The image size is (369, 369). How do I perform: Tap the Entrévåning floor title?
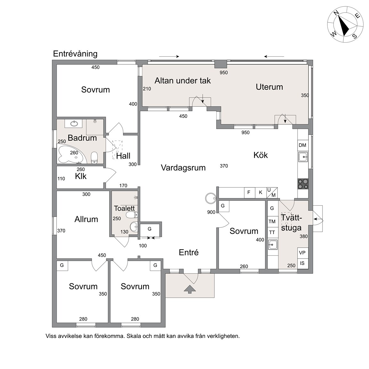[x=75, y=54]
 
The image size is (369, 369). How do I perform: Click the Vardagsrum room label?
[x=183, y=168]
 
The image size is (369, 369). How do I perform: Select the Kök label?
[x=260, y=155]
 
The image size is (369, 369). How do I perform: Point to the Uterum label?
[x=269, y=87]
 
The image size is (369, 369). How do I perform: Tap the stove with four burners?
[x=303, y=184]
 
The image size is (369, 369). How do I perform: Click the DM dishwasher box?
[x=303, y=145]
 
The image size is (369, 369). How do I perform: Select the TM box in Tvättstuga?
[x=272, y=221]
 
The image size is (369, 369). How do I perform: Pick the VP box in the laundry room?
[x=302, y=253]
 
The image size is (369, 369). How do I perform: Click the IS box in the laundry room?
[x=302, y=263]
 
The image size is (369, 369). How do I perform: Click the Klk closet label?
[x=81, y=176]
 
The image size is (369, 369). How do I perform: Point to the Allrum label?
[x=86, y=219]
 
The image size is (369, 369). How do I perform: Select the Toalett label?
[x=124, y=208]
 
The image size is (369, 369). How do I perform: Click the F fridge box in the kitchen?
[x=249, y=193]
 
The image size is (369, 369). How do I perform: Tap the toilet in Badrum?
[x=94, y=158]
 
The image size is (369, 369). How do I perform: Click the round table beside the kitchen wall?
[x=210, y=198]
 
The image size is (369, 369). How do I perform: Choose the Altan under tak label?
[x=183, y=81]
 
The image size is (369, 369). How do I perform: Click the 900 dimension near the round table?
[x=211, y=212]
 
